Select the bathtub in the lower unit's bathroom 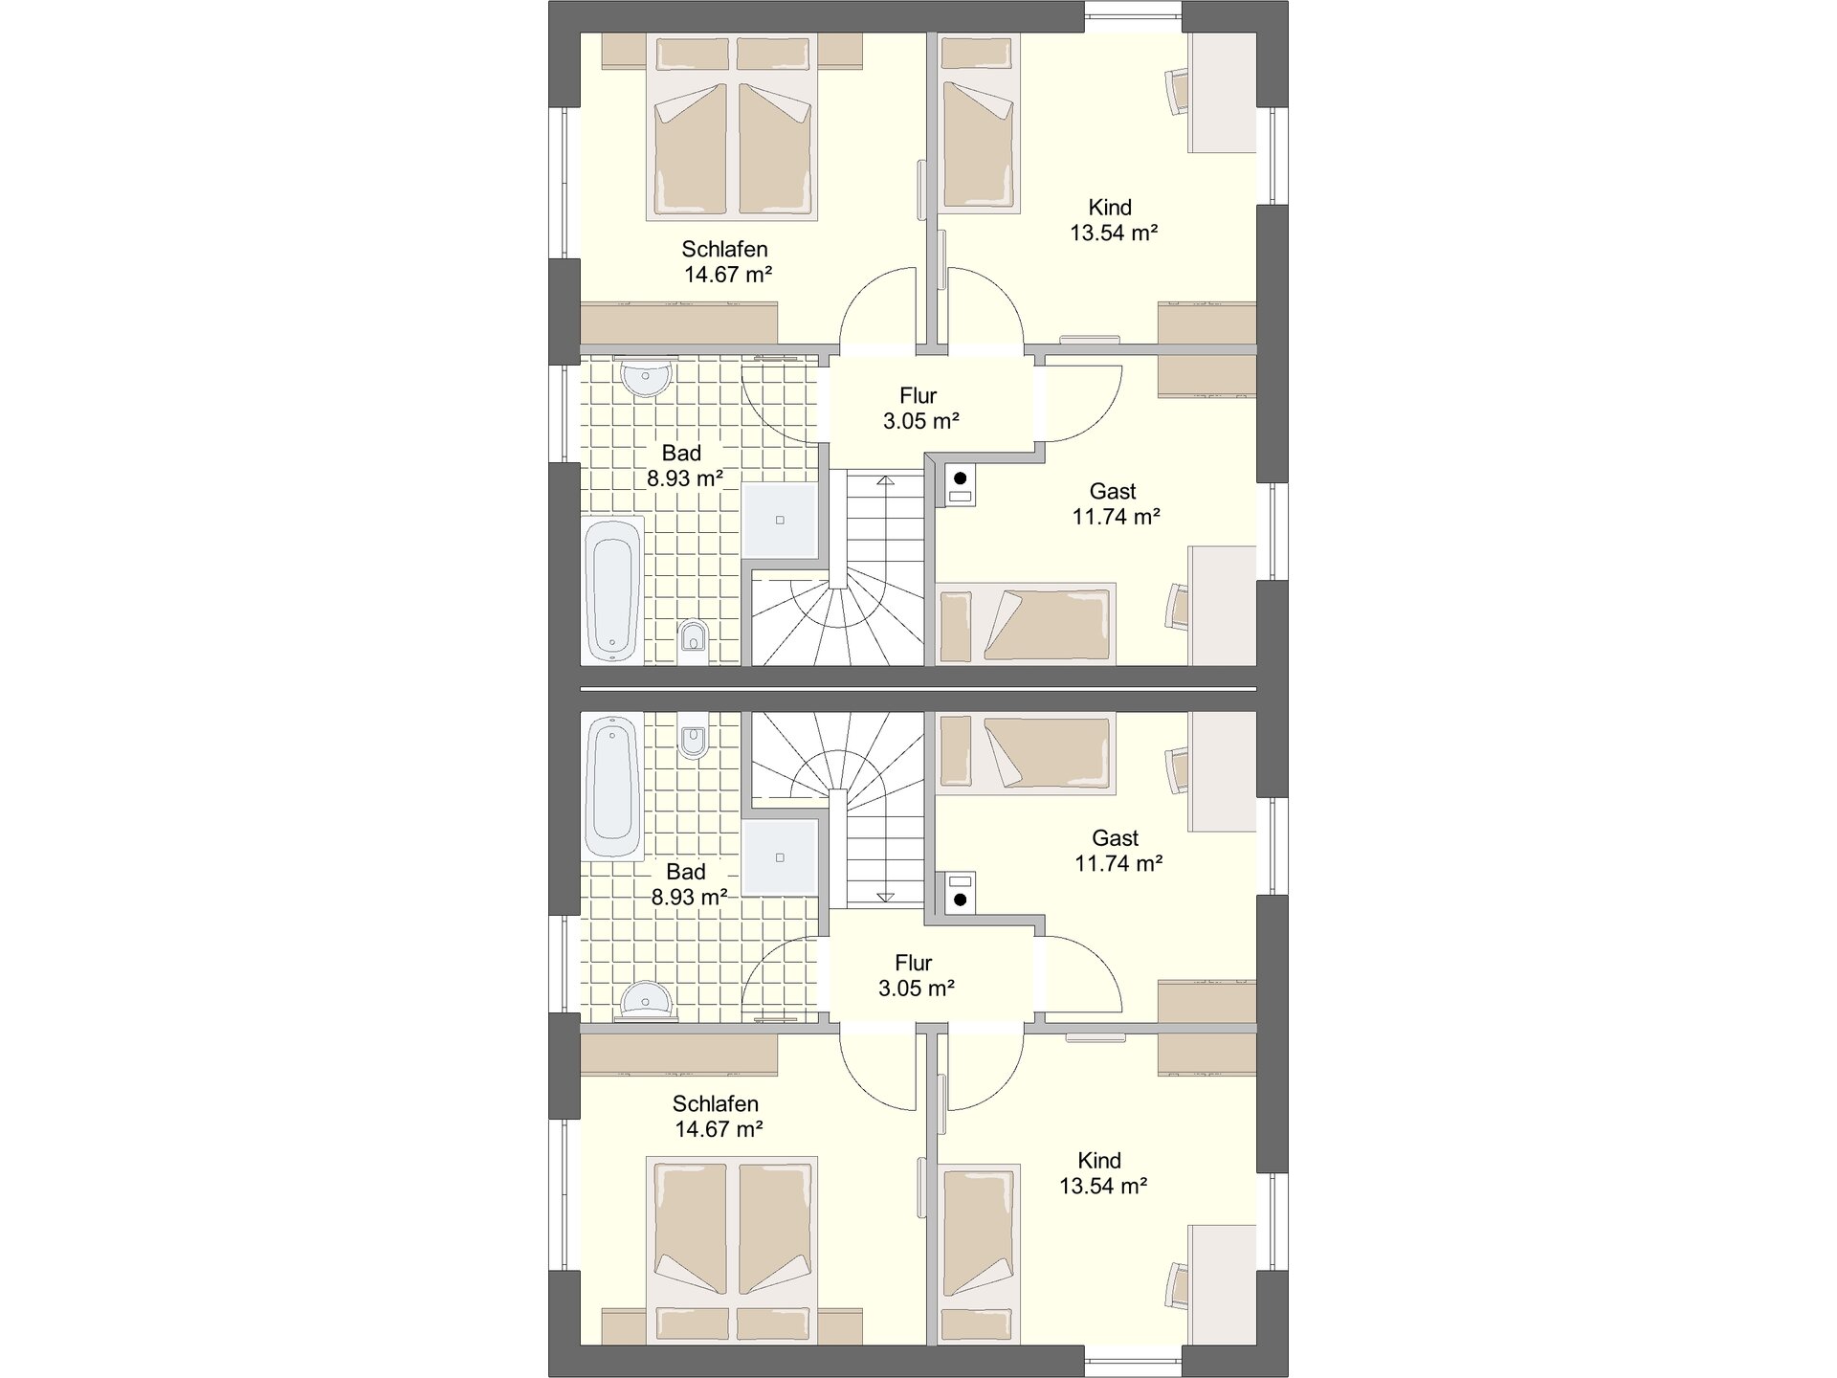point(613,789)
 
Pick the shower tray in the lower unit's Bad point(781,857)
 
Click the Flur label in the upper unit point(918,395)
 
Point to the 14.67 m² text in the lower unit point(719,1129)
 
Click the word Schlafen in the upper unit point(724,249)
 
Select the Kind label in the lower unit point(1099,1161)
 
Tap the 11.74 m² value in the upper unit point(1117,517)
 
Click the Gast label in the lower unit point(1116,838)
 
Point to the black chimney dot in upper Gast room point(961,478)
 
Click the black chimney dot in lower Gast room point(961,900)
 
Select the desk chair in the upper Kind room point(1177,91)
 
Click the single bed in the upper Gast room point(1027,624)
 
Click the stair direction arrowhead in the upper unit point(886,481)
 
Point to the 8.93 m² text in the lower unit point(690,898)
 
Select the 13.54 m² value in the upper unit point(1115,233)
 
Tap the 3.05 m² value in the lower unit point(917,989)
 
